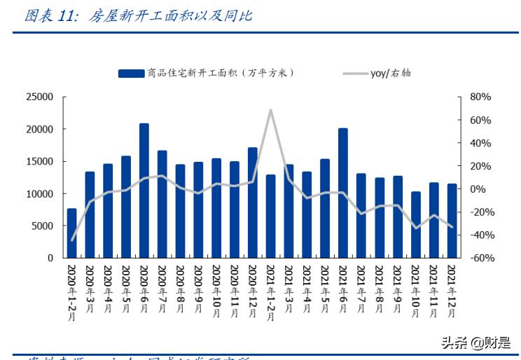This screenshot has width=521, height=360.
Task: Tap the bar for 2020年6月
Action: click(x=144, y=191)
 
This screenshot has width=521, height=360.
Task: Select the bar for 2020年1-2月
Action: click(x=71, y=233)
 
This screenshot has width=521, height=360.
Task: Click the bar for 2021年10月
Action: click(x=416, y=225)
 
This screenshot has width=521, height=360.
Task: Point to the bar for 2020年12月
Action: click(x=253, y=202)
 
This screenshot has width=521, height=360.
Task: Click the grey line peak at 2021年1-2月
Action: click(x=270, y=110)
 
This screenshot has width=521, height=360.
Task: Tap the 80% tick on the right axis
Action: click(x=480, y=97)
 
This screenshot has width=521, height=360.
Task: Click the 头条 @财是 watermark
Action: click(x=475, y=342)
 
